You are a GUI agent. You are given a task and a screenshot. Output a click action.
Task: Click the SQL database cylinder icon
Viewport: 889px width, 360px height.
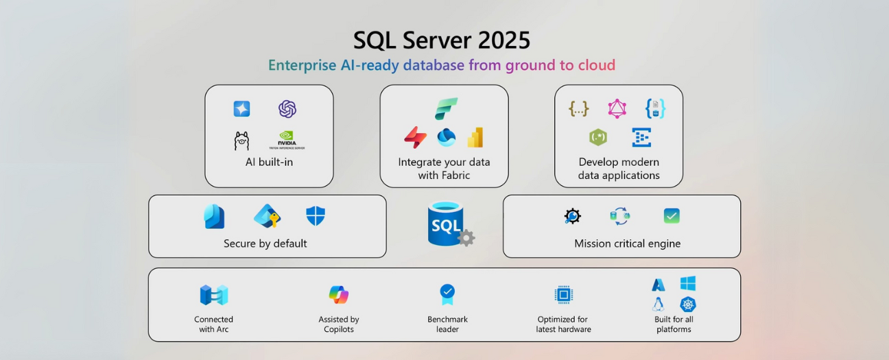tap(447, 224)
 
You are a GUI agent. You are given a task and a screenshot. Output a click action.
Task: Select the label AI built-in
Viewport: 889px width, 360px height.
tap(269, 163)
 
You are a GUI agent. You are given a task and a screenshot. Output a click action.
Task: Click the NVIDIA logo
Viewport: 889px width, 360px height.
tap(287, 139)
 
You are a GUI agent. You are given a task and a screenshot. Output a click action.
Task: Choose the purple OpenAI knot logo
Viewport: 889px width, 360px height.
tap(287, 109)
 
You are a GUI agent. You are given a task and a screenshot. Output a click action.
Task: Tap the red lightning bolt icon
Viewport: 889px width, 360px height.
tap(415, 138)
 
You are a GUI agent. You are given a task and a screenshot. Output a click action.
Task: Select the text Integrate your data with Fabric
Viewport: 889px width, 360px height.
tap(444, 169)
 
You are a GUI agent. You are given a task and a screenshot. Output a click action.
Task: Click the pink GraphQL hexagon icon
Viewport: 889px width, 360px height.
tap(617, 108)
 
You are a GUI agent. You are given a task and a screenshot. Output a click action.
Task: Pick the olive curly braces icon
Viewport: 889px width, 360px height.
tap(578, 108)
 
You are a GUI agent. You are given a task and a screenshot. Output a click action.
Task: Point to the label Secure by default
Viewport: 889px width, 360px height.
tap(265, 243)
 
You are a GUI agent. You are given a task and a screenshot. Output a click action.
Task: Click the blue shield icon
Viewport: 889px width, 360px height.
tap(316, 216)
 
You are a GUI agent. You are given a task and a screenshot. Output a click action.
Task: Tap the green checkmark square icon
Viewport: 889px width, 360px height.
tap(672, 217)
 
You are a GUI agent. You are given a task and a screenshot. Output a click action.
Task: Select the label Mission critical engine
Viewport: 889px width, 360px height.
tap(627, 243)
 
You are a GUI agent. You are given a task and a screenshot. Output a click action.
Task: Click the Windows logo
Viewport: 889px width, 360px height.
tap(688, 283)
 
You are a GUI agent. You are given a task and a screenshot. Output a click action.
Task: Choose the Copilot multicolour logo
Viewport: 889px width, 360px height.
tap(339, 295)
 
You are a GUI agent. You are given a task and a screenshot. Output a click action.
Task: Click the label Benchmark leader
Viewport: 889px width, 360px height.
tap(447, 324)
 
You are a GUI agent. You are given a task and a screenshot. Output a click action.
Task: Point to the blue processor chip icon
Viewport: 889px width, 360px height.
tap(563, 295)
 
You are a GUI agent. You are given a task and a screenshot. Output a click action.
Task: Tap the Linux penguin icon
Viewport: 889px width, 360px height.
tap(659, 304)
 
